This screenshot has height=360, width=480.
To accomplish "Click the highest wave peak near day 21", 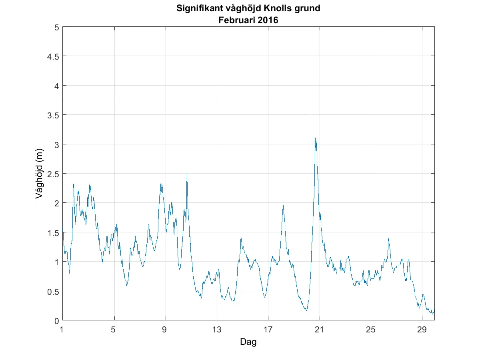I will [315, 138].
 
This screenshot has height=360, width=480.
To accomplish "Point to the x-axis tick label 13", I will [217, 330].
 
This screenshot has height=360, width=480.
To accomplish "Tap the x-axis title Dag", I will [248, 342].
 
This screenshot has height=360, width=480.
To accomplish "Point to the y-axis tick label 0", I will [57, 320].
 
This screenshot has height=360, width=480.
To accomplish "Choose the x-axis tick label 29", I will [422, 330].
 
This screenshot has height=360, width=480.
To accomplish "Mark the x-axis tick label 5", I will [114, 330].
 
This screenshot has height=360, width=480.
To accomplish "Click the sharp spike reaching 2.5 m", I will [187, 173].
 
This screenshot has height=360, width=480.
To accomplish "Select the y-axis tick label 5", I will [57, 27].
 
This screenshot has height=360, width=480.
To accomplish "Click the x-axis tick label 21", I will [319, 330].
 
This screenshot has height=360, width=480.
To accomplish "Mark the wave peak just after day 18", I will [283, 205].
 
